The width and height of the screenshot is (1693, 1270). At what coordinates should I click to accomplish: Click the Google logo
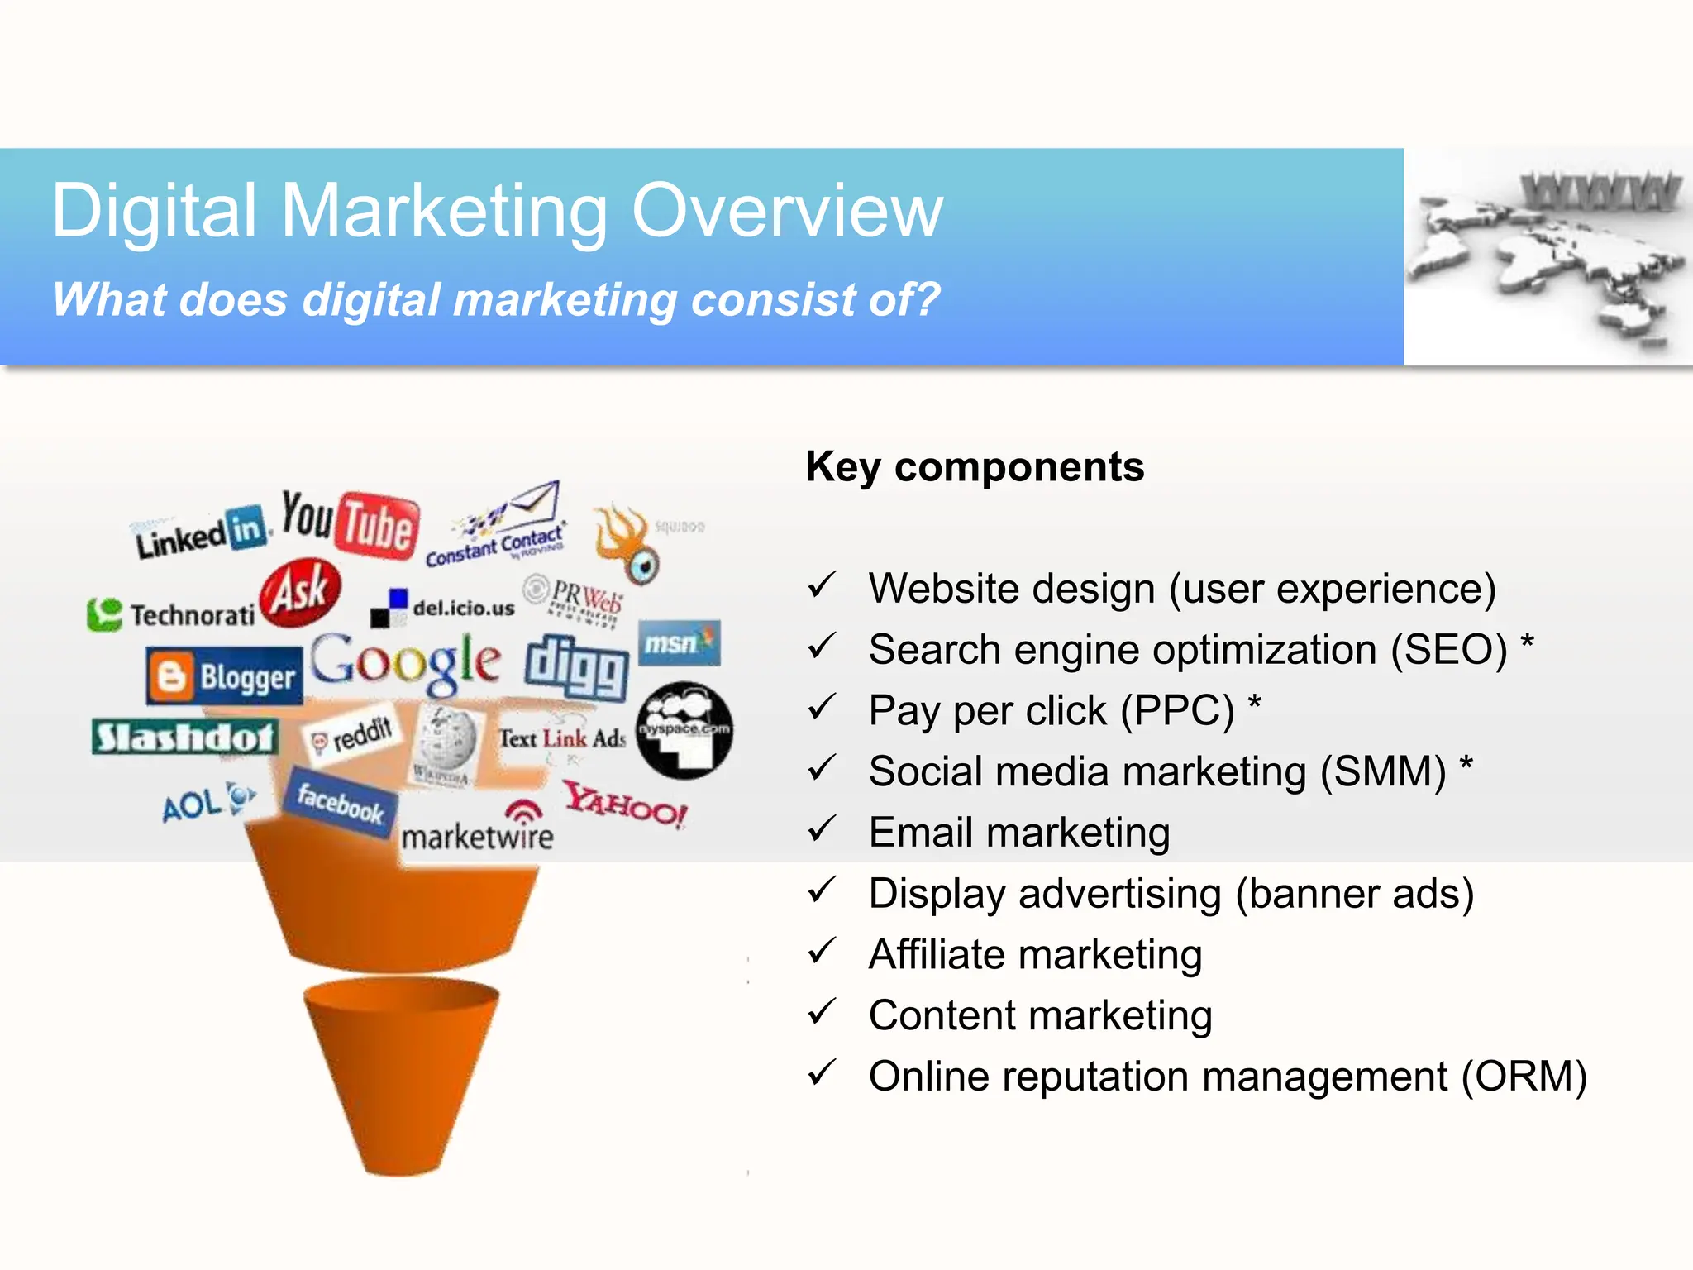point(405,662)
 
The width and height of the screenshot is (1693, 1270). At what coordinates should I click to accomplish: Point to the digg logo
point(576,666)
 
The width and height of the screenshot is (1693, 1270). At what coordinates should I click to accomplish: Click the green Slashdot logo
point(184,737)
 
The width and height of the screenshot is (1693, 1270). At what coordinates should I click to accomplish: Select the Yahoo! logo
point(626,804)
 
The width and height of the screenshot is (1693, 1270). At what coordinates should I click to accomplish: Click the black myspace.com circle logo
point(684,730)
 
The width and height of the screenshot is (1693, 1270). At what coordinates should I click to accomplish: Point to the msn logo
point(679,643)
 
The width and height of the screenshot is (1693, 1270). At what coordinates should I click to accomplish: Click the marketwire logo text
point(477,836)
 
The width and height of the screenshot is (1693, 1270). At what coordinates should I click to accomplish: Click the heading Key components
point(975,467)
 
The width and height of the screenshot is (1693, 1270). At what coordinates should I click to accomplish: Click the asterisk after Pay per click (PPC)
point(1254,704)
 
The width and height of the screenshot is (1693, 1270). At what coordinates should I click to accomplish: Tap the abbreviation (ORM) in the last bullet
point(1524,1077)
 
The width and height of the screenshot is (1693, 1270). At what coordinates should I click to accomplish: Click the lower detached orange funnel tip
point(401,1075)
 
